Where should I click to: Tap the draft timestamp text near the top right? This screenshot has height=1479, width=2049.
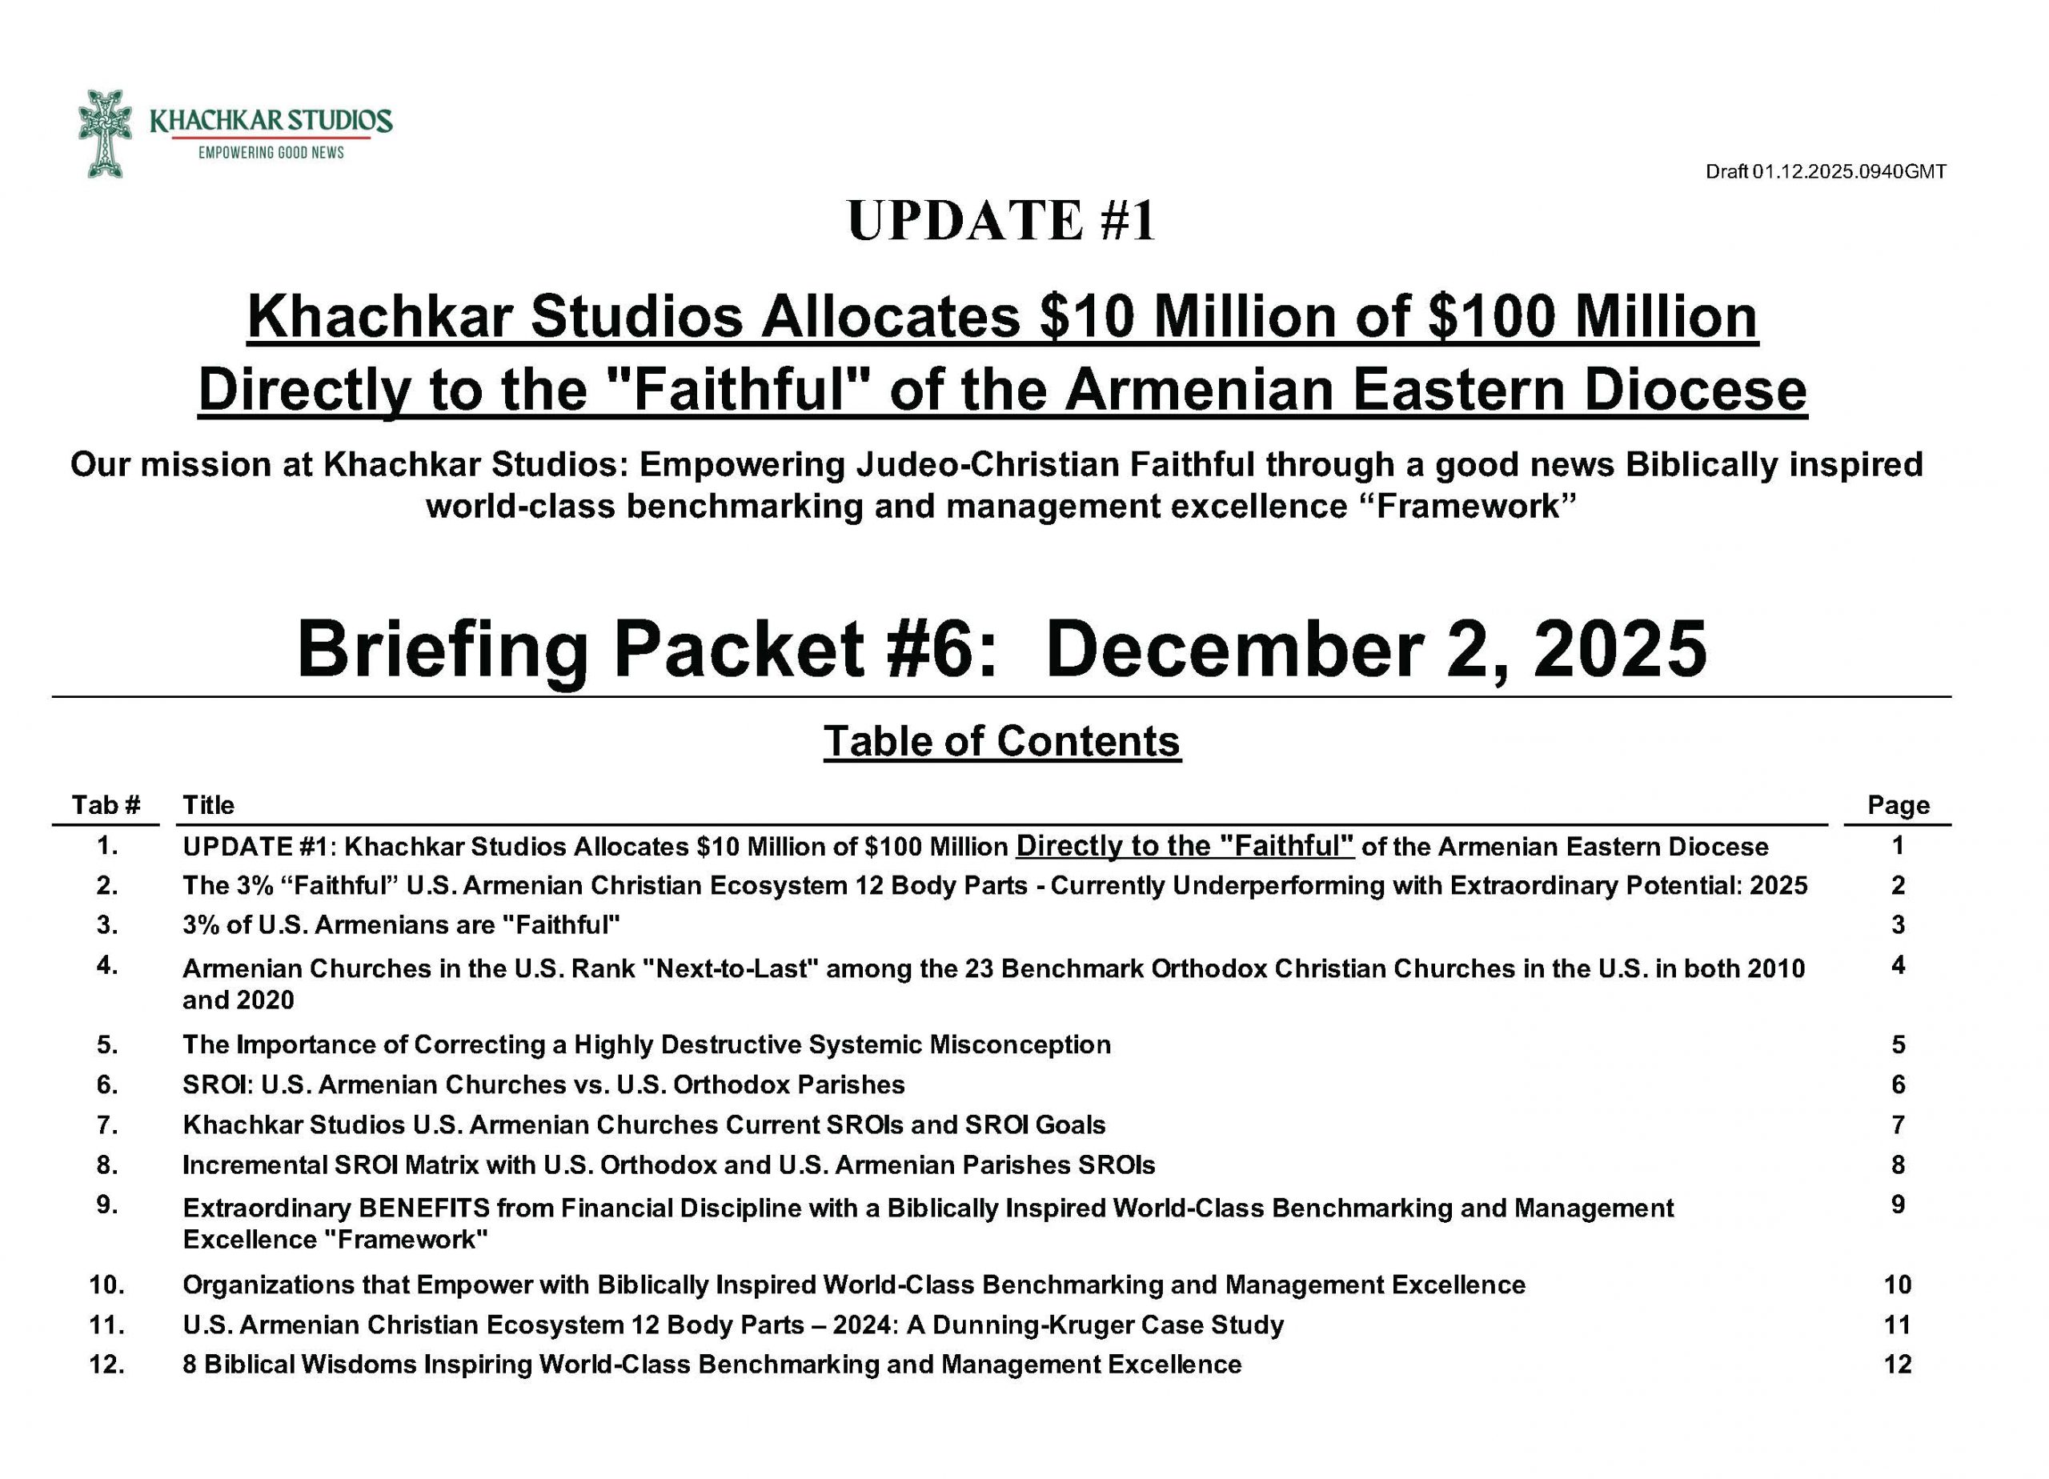[1825, 171]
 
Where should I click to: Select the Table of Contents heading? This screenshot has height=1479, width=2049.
[1002, 741]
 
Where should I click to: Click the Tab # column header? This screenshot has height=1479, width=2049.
[106, 805]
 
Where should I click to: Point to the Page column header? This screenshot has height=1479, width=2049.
[1898, 805]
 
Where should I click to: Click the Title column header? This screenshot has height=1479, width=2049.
[209, 805]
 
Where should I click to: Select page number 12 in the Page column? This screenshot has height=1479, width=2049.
[1897, 1365]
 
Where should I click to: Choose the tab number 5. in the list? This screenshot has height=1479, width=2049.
[107, 1044]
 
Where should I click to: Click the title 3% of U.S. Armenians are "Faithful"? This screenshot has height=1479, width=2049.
[401, 925]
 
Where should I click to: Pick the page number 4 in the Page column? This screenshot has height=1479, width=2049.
[1898, 966]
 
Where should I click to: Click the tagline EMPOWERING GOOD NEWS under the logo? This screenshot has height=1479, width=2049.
[271, 154]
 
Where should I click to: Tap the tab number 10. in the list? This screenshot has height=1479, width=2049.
[106, 1285]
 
